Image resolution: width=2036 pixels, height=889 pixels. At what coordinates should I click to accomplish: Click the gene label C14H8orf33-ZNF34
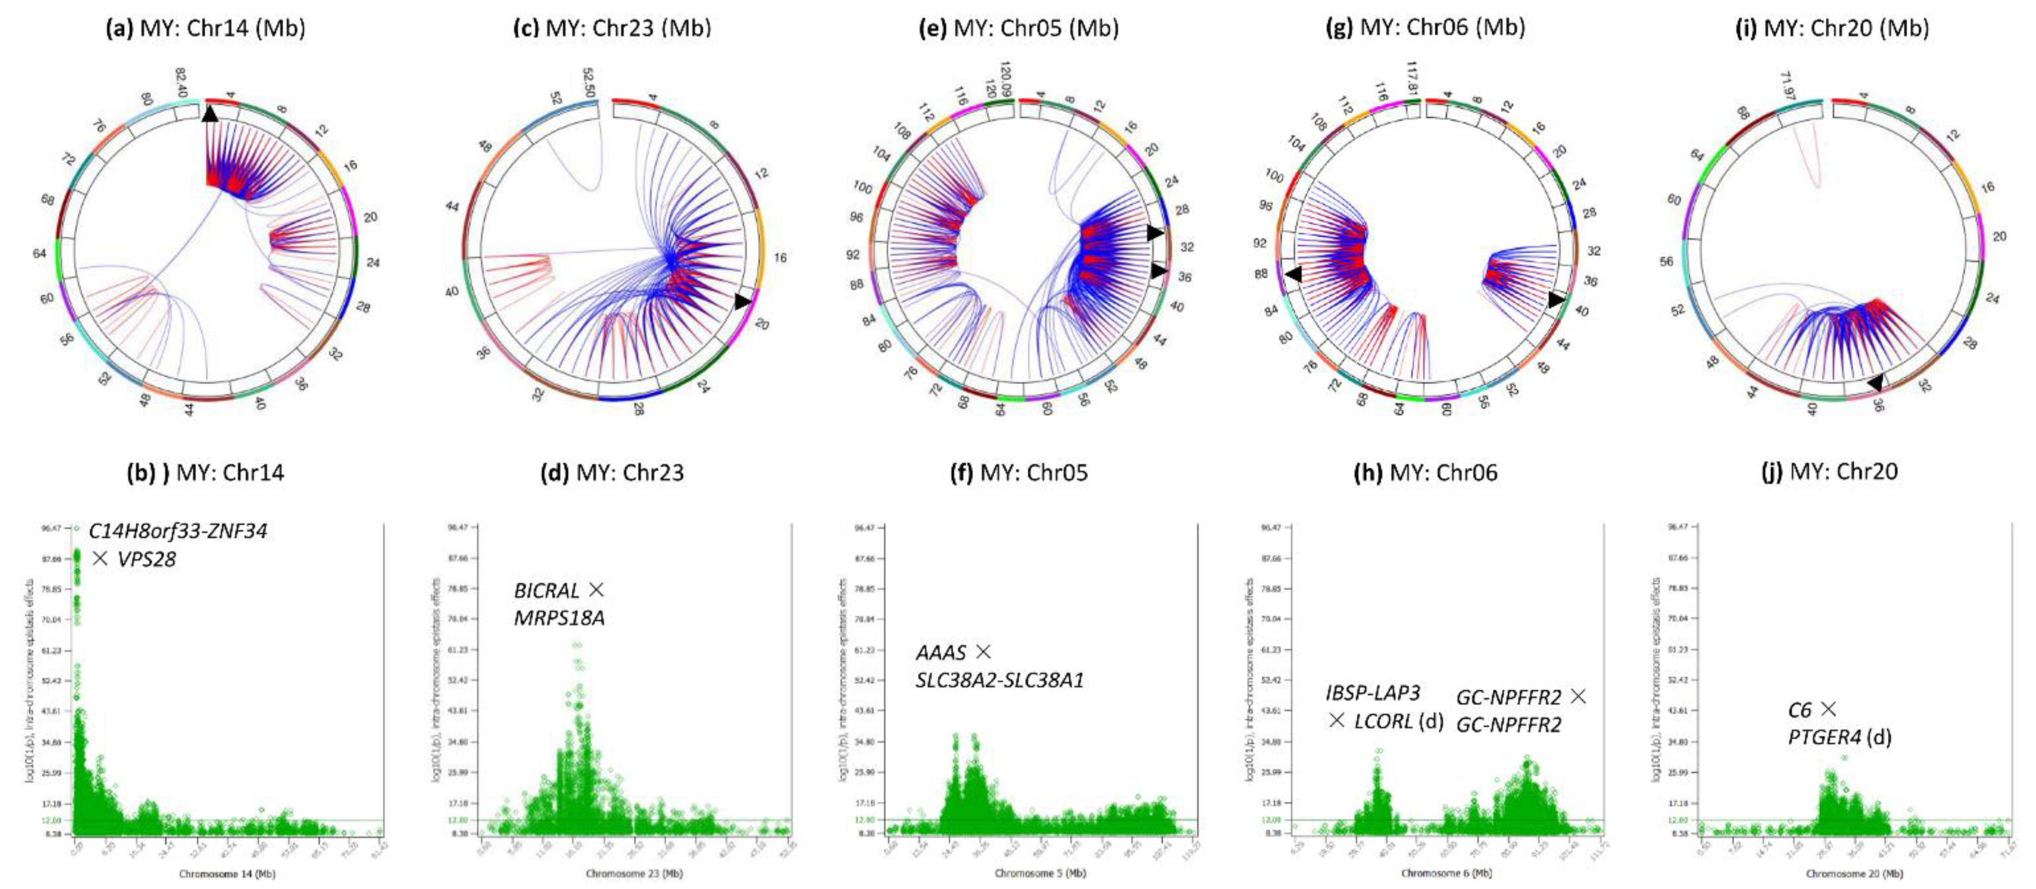coord(178,531)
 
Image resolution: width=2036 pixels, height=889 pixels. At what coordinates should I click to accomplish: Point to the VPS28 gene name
coord(146,559)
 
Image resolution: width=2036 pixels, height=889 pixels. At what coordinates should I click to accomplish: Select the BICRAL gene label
coord(547,591)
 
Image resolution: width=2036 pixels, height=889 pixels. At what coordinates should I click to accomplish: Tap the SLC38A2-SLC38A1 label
coord(1000,680)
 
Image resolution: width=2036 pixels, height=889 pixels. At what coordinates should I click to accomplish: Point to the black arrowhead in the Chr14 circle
coord(210,115)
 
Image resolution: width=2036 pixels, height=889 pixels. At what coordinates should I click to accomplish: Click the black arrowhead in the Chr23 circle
coord(742,302)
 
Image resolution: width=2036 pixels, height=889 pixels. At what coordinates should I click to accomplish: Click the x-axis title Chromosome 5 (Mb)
coord(1040,873)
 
